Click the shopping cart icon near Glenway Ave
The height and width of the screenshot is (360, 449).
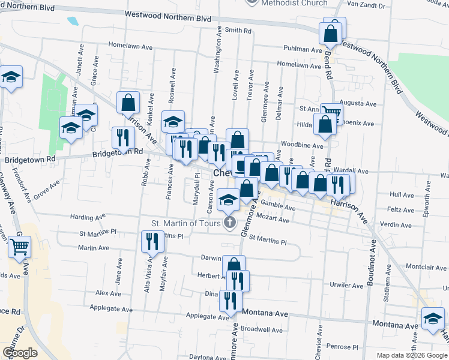tap(20, 247)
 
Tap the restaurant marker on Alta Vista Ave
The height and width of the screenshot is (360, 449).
tap(151, 242)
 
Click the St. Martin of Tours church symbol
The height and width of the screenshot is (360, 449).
tap(229, 223)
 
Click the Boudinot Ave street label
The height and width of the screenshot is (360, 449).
tap(373, 259)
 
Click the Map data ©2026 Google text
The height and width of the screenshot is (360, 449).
tap(412, 355)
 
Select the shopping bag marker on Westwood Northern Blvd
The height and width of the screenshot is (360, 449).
tap(331, 34)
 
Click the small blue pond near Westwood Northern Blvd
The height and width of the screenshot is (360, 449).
tap(73, 20)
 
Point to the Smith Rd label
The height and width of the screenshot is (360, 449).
tap(239, 30)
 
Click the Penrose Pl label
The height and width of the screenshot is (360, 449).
tap(345, 347)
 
